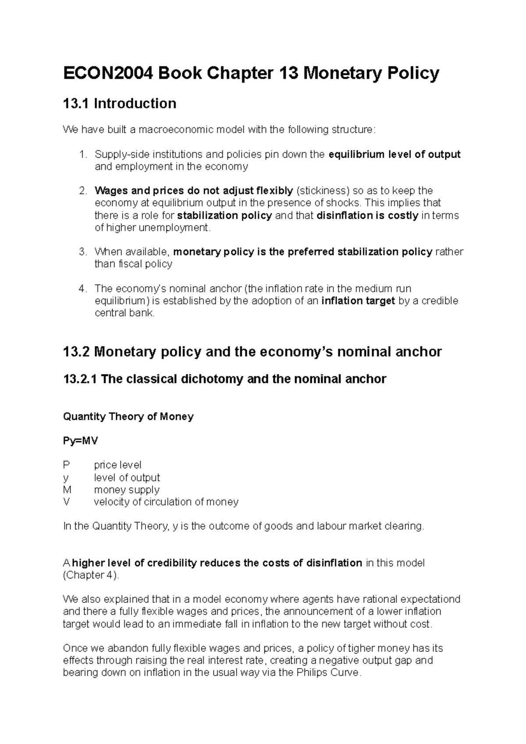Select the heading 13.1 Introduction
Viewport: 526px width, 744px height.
click(120, 103)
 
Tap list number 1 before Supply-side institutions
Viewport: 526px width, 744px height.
click(83, 154)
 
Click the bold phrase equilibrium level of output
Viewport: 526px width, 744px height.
click(394, 154)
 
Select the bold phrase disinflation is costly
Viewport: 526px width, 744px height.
click(367, 215)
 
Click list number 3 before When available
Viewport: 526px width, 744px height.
click(83, 252)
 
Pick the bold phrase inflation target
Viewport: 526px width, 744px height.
click(358, 301)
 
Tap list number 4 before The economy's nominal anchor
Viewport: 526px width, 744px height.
click(83, 288)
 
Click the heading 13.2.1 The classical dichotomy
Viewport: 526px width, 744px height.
click(224, 379)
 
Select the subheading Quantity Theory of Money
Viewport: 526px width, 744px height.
click(128, 416)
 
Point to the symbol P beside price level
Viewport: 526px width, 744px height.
click(66, 464)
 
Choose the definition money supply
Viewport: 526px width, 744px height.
click(127, 489)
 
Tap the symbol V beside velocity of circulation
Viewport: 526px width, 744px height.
click(66, 502)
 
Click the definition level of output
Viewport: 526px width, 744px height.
click(127, 477)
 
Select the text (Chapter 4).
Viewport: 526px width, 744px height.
click(91, 575)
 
